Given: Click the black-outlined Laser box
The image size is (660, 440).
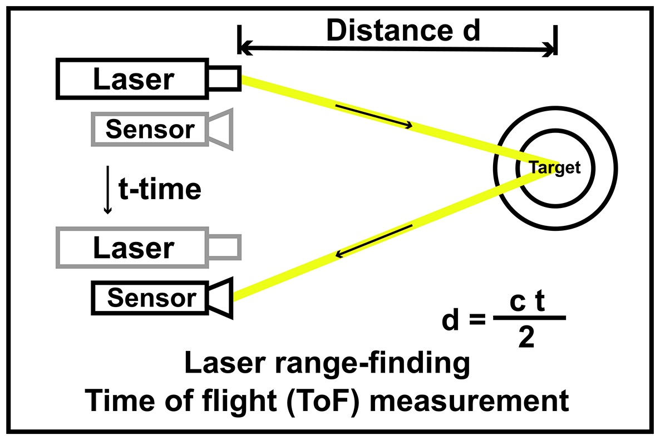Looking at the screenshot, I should pyautogui.click(x=133, y=80).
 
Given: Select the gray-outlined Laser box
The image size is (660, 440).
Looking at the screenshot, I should pyautogui.click(x=133, y=248).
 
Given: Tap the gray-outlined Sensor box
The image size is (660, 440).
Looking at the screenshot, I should pyautogui.click(x=150, y=130).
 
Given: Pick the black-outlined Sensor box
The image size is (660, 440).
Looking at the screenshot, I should pyautogui.click(x=151, y=298).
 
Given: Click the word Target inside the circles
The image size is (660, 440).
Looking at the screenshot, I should pyautogui.click(x=554, y=167).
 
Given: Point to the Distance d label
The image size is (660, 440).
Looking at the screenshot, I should pyautogui.click(x=402, y=31).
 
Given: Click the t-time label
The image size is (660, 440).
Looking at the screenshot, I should pyautogui.click(x=160, y=189).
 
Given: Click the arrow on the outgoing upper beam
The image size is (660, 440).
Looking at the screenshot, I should pyautogui.click(x=373, y=115).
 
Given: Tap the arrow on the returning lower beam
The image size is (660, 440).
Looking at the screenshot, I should pyautogui.click(x=373, y=241).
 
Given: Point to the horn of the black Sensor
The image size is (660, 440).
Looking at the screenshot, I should pyautogui.click(x=220, y=298).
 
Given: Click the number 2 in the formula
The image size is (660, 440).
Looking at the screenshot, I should pyautogui.click(x=526, y=338).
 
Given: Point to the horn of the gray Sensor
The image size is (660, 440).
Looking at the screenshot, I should pyautogui.click(x=220, y=130).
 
